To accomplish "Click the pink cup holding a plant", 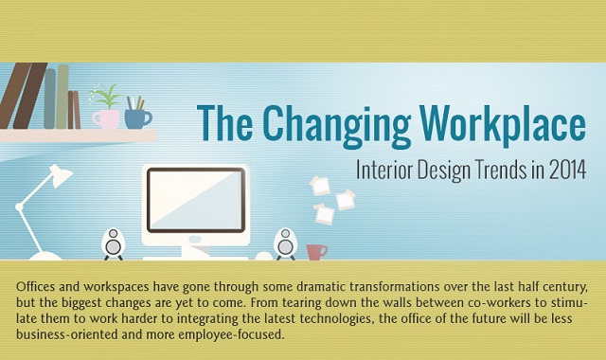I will pyautogui.click(x=105, y=118).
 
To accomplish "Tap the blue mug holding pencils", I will pyautogui.click(x=137, y=118).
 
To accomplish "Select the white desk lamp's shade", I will pyautogui.click(x=60, y=176).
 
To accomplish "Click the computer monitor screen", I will pyautogui.click(x=195, y=198).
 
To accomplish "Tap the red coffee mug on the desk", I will pyautogui.click(x=315, y=251).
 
